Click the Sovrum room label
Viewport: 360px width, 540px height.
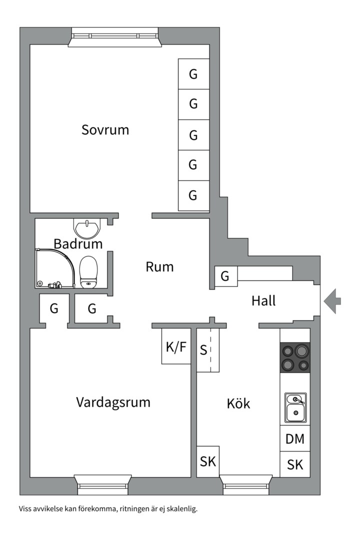point(105,130)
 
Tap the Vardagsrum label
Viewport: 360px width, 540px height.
point(113,402)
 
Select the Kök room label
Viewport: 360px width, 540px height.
point(238,403)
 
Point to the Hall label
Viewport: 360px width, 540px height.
point(263,301)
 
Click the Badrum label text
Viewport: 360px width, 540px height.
point(78,244)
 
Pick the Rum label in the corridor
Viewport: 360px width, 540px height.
point(159,267)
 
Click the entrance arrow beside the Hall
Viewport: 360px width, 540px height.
point(332,301)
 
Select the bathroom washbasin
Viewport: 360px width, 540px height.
point(86,228)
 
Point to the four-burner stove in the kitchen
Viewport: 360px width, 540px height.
point(294,357)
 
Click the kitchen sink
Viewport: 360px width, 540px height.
point(295,407)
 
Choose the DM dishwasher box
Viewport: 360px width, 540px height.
point(295,439)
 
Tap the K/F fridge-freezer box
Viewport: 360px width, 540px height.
point(176,347)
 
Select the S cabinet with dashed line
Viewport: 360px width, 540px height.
point(207,350)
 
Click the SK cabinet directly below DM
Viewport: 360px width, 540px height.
point(295,464)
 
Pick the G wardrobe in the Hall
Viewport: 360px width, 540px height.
point(225,276)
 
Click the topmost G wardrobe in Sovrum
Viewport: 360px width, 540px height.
point(193,74)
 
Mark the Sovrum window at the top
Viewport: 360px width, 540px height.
point(115,36)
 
